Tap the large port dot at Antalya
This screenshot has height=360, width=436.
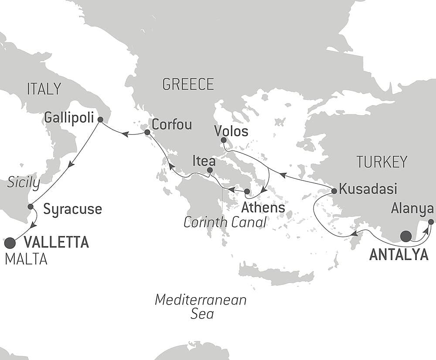point(405,236)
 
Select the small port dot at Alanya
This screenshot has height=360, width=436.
point(431,222)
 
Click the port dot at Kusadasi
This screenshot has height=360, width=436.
point(334,191)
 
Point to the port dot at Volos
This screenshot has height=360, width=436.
point(224,140)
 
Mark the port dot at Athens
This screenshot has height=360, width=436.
point(247,191)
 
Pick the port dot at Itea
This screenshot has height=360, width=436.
point(210,170)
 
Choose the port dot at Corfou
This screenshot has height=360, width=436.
point(147,132)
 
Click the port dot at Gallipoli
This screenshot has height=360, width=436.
point(100,119)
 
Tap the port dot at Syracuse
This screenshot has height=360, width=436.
point(30,206)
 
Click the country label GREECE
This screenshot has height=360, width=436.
point(188,84)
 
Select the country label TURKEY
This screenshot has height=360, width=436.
point(381,162)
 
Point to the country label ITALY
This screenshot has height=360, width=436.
point(44,89)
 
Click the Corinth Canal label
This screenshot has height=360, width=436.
point(225,222)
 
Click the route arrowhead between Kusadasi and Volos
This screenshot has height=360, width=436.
point(283,175)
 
